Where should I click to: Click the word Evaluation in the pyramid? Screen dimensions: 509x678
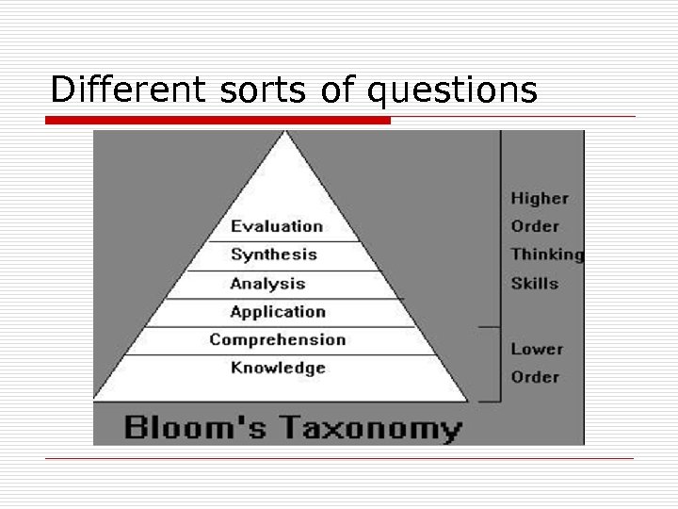click(x=276, y=226)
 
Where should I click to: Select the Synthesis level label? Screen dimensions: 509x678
click(x=274, y=254)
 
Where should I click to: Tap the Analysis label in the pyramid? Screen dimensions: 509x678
click(x=267, y=284)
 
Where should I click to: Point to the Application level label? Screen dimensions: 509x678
click(x=278, y=312)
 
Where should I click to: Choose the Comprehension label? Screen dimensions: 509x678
click(x=277, y=340)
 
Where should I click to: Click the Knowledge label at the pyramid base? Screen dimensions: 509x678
click(x=278, y=369)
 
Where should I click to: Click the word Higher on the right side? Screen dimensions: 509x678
click(x=540, y=199)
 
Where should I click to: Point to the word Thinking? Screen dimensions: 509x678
click(x=547, y=254)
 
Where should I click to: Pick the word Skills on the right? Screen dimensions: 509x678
click(x=534, y=284)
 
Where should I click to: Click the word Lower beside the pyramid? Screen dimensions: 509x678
click(x=537, y=350)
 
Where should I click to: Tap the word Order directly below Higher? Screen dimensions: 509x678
click(x=535, y=227)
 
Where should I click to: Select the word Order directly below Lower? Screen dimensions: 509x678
click(x=535, y=377)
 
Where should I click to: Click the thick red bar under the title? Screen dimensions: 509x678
click(x=218, y=120)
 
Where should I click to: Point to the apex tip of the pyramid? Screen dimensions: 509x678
click(x=285, y=134)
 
